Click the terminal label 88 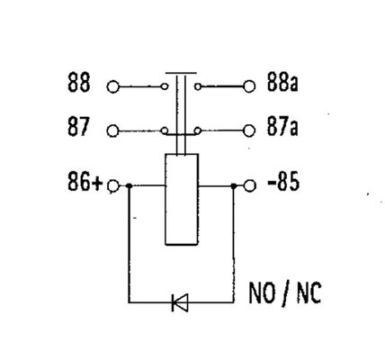pyautogui.click(x=78, y=82)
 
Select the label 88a pyautogui.click(x=282, y=82)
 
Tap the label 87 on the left pyautogui.click(x=78, y=127)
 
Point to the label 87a pyautogui.click(x=282, y=127)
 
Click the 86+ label pyautogui.click(x=85, y=182)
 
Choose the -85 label pyautogui.click(x=283, y=182)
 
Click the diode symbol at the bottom pyautogui.click(x=180, y=302)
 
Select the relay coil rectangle pyautogui.click(x=182, y=200)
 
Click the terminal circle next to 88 pyautogui.click(x=113, y=87)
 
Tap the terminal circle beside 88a pyautogui.click(x=249, y=86)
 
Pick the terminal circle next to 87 pyautogui.click(x=113, y=131)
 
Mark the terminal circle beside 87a pyautogui.click(x=249, y=130)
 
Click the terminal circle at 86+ pyautogui.click(x=113, y=186)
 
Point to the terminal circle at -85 pyautogui.click(x=250, y=185)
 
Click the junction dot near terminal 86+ pyautogui.click(x=130, y=186)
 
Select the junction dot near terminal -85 pyautogui.click(x=234, y=186)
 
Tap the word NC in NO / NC pyautogui.click(x=309, y=293)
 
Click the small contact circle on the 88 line pyautogui.click(x=165, y=86)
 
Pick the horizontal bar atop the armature pyautogui.click(x=181, y=73)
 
